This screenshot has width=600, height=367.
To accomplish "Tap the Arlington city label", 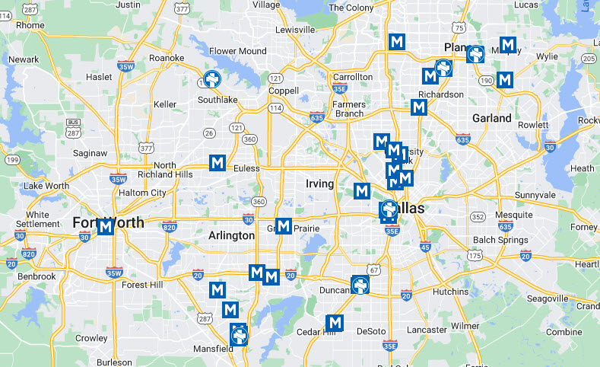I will click(231, 235).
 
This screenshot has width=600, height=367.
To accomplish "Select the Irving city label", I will click(319, 183).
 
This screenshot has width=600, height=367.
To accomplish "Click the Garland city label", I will click(491, 118).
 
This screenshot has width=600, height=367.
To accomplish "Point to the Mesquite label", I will click(514, 215).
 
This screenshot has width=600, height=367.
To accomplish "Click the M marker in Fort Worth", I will click(106, 226).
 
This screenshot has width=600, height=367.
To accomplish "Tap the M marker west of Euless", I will click(217, 162).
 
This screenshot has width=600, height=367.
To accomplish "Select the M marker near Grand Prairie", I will click(284, 226).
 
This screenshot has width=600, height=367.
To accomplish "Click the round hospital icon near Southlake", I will click(212, 79).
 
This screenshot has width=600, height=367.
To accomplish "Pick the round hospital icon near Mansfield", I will click(239, 333).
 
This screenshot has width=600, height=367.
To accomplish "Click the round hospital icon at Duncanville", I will click(360, 286).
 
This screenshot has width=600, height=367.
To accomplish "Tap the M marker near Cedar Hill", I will click(334, 322).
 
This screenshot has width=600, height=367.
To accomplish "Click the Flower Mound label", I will click(238, 52).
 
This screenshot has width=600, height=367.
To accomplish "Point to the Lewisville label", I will click(295, 30).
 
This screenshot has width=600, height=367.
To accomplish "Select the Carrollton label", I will click(353, 77).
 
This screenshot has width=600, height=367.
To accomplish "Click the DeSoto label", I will click(371, 331).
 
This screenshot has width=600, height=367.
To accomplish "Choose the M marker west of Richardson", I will click(418, 107).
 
